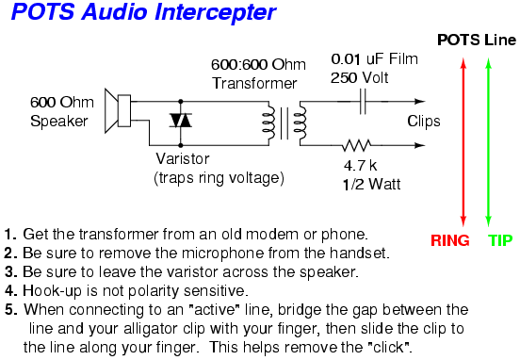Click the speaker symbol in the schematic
(118, 111)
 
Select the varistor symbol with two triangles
(181, 120)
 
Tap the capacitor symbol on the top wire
(363, 101)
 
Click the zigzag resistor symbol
(356, 145)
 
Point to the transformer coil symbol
(284, 123)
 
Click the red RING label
(450, 240)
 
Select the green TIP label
(500, 240)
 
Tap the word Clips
(424, 122)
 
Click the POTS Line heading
(477, 41)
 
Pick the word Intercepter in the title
(215, 12)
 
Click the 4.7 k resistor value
(360, 166)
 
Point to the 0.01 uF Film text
(374, 59)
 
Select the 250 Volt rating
(359, 78)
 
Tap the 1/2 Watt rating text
(371, 184)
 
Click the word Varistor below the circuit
(183, 159)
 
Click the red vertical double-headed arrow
(463, 142)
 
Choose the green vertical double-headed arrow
(488, 142)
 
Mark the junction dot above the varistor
(181, 101)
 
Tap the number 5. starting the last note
(11, 310)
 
